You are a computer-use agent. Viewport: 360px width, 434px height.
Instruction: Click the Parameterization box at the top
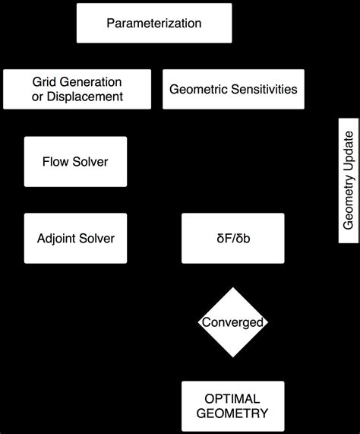[154, 23]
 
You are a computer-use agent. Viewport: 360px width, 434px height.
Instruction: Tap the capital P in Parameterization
[110, 23]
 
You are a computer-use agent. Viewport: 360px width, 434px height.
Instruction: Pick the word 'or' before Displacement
[38, 97]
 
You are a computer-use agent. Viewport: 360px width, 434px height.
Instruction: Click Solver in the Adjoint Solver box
[97, 238]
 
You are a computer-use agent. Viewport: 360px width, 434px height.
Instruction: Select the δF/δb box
[232, 238]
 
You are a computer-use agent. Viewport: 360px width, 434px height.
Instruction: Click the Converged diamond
[232, 322]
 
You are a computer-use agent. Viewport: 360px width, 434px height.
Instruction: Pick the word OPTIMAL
[232, 399]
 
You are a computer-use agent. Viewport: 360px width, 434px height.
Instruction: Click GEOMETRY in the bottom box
[232, 414]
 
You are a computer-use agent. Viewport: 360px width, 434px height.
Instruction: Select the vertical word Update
[349, 150]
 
